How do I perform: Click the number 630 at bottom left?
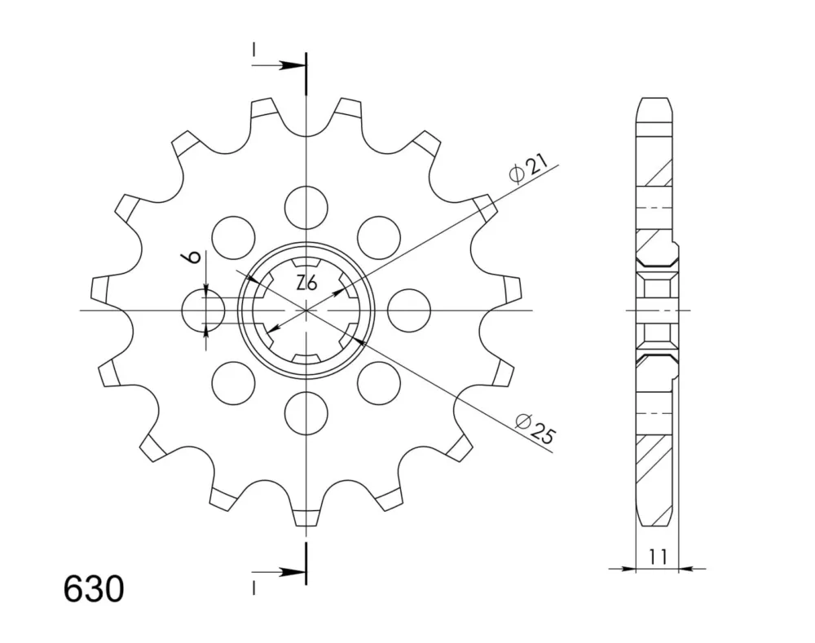(x=94, y=589)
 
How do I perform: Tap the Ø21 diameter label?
(x=529, y=169)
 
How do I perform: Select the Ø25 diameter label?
(x=535, y=429)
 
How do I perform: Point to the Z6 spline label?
(x=306, y=284)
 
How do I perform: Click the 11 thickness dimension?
(x=658, y=557)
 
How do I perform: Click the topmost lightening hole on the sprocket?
(x=306, y=207)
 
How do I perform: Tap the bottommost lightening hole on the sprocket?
(x=306, y=414)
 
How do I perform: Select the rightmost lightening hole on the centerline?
(x=409, y=310)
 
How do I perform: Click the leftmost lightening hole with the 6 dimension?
(x=203, y=310)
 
